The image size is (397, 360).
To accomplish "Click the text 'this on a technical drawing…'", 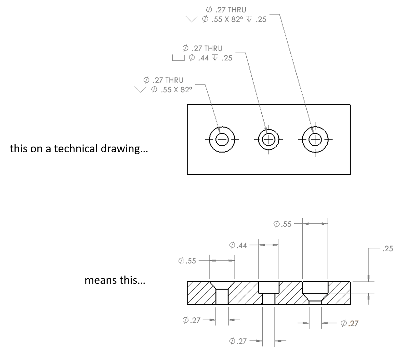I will click(79, 148).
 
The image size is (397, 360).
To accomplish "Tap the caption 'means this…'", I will click(115, 280).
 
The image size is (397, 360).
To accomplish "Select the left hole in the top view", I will click(222, 139).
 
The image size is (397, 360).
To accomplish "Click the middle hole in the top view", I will click(269, 139).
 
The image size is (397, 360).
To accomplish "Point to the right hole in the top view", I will click(315, 139).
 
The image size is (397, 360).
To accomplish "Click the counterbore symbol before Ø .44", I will click(179, 58).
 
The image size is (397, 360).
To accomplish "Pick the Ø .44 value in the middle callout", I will click(199, 58).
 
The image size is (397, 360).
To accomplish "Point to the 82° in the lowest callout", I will click(186, 90).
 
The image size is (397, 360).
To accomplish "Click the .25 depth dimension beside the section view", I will click(387, 249).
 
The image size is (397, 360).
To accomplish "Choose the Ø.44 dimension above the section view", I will click(238, 245).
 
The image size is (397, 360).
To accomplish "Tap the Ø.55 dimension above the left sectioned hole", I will click(187, 261).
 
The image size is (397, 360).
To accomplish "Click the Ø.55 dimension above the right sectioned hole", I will click(283, 224).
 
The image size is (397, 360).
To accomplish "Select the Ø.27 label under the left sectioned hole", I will click(191, 320).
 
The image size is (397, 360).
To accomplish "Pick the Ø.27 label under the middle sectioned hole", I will click(238, 341).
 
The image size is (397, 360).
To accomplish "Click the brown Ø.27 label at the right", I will click(349, 324).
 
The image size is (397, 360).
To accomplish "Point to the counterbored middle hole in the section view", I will click(268, 293).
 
